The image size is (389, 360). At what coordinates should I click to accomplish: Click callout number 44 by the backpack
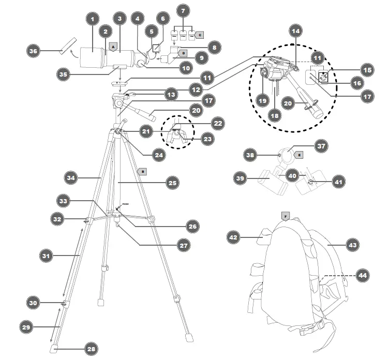pyautogui.click(x=364, y=276)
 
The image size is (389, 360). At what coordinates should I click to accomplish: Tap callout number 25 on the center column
pyautogui.click(x=171, y=182)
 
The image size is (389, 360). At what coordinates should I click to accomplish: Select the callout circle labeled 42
pyautogui.click(x=234, y=237)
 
